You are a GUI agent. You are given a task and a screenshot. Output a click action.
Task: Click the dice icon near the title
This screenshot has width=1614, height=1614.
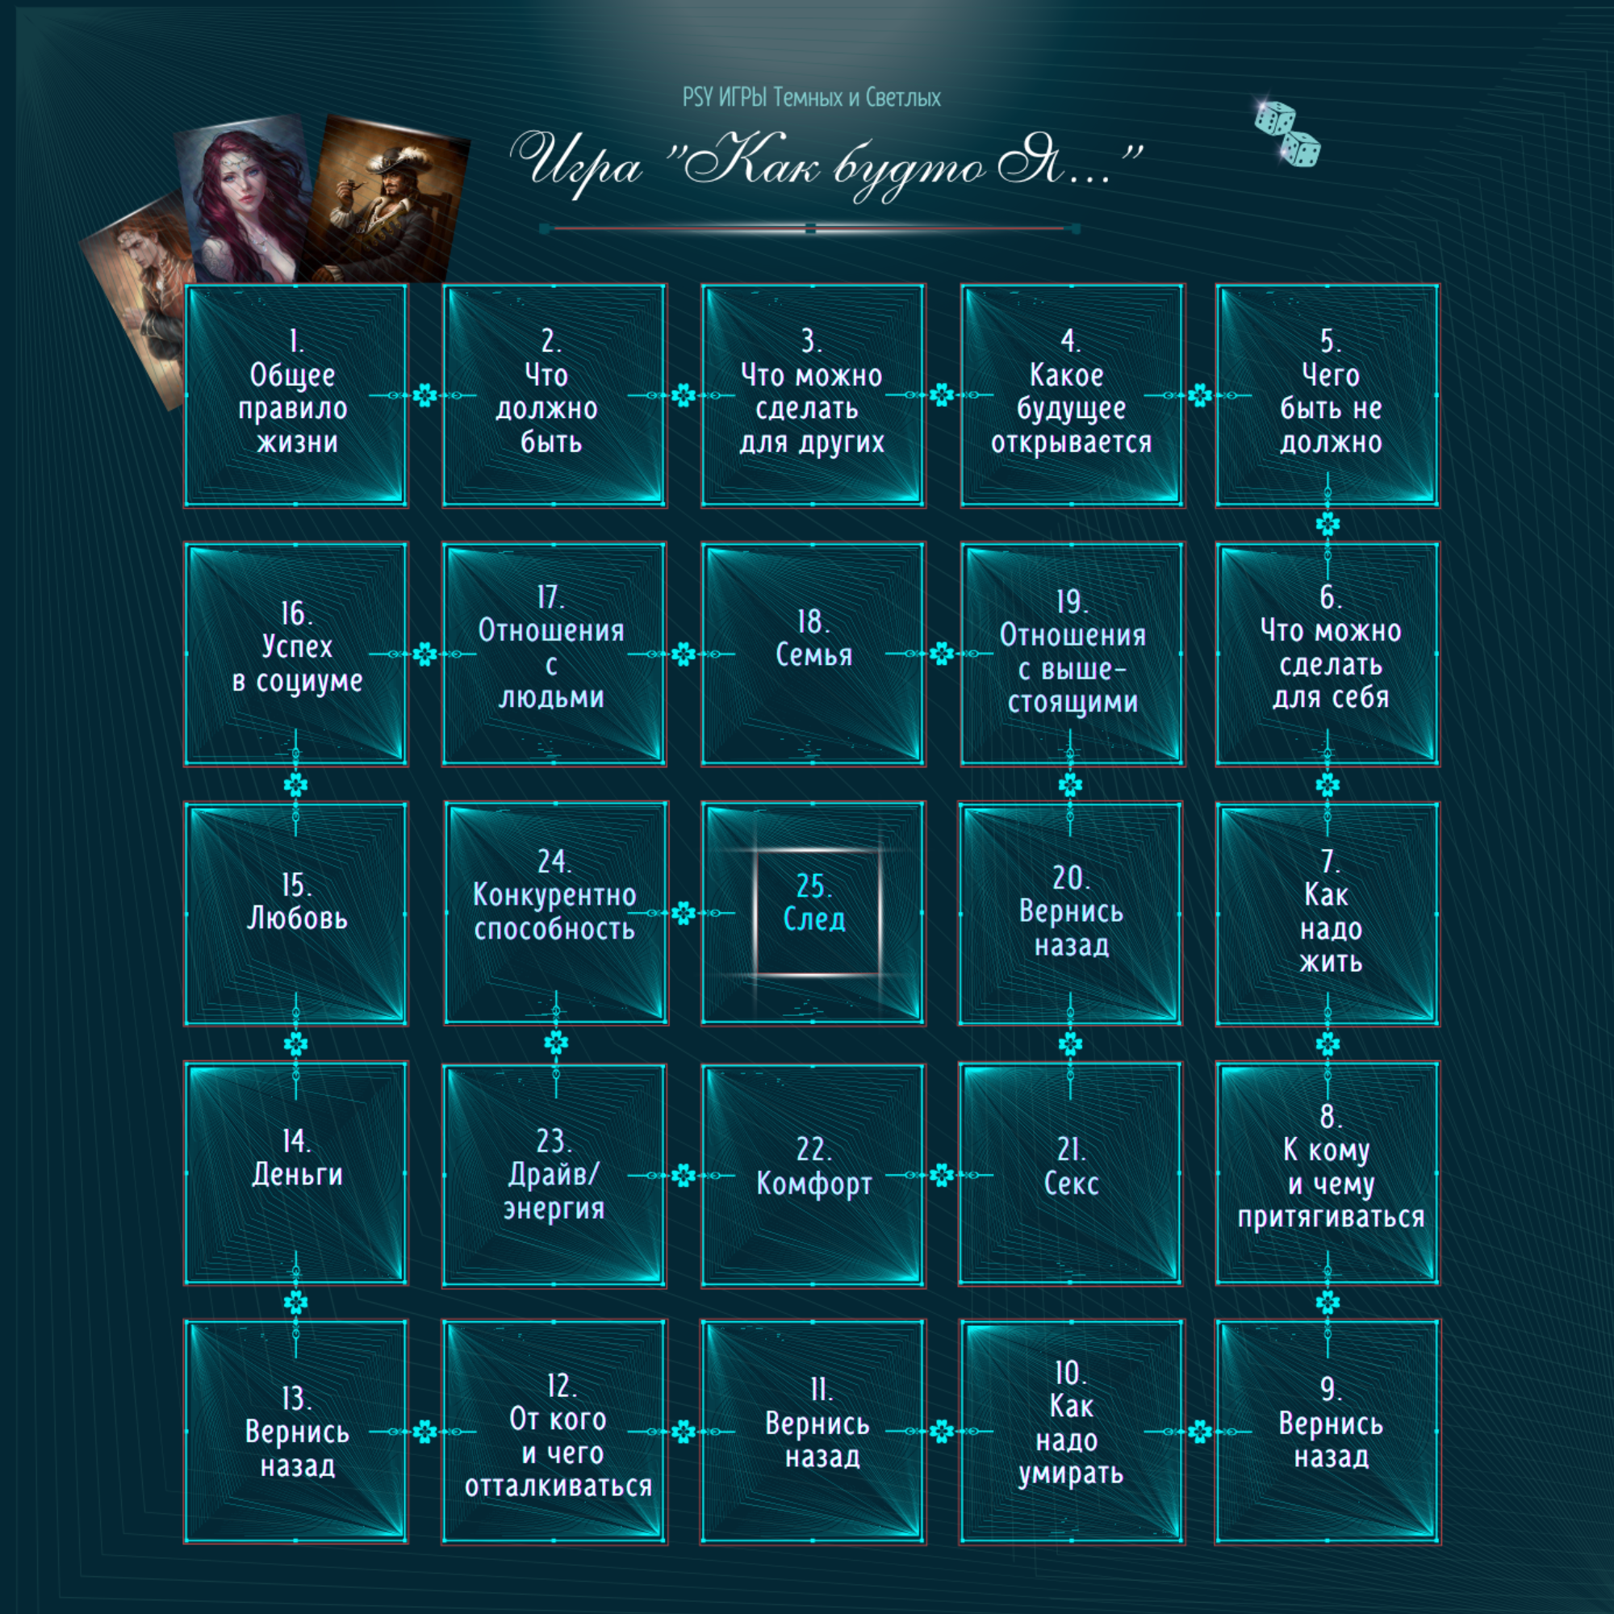point(1286,134)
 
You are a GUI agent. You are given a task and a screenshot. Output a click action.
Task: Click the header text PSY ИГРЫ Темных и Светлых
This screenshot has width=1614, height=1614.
point(811,98)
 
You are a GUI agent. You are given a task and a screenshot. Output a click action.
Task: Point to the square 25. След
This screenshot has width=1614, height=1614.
point(813,912)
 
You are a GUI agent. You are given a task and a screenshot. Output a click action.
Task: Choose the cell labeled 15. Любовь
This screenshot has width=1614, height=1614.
point(295,912)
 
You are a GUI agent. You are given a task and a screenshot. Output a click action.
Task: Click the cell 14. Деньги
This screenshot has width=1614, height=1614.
point(295,1173)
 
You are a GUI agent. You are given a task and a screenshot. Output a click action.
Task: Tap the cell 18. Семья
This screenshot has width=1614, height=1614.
point(813,654)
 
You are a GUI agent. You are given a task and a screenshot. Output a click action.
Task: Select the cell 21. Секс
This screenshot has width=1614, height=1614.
point(1070,1173)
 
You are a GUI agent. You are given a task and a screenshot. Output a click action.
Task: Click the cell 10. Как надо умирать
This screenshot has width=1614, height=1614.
point(1072,1431)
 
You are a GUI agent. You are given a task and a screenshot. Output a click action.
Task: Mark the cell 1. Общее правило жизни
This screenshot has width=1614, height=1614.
point(295,395)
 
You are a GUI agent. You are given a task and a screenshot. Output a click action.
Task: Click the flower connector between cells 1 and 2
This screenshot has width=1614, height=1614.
point(424,395)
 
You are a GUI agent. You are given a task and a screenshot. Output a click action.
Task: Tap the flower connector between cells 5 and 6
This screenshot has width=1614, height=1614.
point(1328,524)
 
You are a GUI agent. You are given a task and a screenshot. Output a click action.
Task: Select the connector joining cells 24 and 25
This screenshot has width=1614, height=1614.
point(684,913)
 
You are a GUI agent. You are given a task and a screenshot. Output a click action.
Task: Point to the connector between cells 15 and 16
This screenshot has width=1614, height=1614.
point(295,784)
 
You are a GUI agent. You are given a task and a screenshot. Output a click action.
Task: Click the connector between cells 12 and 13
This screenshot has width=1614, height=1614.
point(424,1431)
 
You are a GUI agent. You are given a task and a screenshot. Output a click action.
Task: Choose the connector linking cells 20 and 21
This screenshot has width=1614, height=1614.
point(1070,1043)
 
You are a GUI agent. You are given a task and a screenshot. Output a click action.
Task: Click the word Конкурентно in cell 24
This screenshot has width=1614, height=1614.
point(554,896)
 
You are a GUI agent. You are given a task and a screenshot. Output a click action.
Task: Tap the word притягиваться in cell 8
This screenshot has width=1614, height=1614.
point(1331,1217)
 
